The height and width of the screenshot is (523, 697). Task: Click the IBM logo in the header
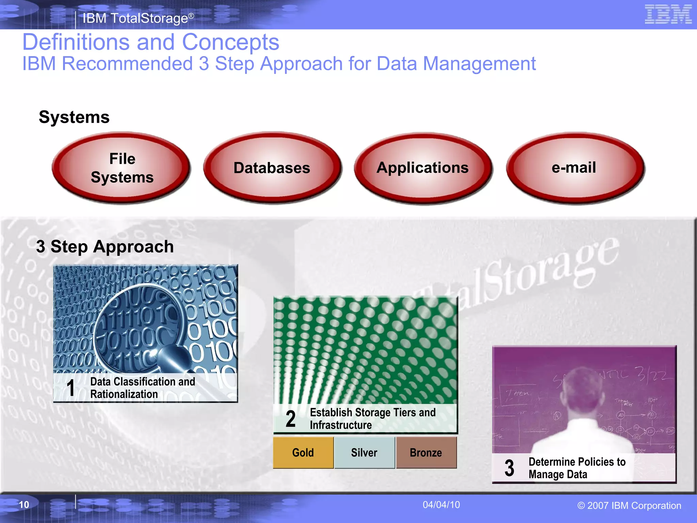[x=668, y=14]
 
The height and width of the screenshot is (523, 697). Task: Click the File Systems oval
[x=121, y=168]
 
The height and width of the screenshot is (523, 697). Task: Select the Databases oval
[x=272, y=168]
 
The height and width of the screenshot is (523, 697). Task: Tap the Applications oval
[x=422, y=168]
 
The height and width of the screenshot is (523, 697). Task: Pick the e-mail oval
[x=574, y=168]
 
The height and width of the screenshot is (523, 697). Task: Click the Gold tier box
[x=303, y=453]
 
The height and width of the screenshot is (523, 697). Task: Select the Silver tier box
[x=364, y=453]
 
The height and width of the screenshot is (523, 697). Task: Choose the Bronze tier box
[x=426, y=453]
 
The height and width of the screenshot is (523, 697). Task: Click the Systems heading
[x=74, y=117]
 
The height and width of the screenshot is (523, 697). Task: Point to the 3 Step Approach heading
[x=105, y=247]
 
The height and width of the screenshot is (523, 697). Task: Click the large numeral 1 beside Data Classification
[x=71, y=388]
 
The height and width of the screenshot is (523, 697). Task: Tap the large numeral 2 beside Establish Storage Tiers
[x=291, y=419]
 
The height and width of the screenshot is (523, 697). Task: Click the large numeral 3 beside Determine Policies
[x=509, y=468]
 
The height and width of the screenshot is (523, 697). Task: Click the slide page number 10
[x=24, y=505]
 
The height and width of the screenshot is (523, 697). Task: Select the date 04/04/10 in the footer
[x=441, y=505]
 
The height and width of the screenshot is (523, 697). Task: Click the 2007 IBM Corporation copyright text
[x=629, y=506]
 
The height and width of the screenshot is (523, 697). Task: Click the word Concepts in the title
[x=230, y=42]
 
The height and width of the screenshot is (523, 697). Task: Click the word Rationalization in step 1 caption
[x=124, y=394]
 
